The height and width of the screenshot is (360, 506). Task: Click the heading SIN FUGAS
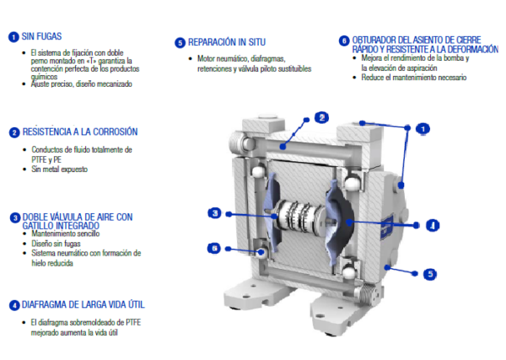(x=41, y=36)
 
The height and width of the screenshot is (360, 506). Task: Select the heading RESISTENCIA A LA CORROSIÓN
(x=80, y=132)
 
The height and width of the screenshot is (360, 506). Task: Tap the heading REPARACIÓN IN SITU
(x=227, y=42)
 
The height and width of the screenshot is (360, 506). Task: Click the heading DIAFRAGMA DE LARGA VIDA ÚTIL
(x=83, y=305)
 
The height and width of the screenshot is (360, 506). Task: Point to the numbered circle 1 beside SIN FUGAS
(x=13, y=37)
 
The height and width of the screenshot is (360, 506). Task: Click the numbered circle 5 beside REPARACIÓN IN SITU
(x=180, y=43)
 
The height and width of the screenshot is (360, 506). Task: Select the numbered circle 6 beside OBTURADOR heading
(x=344, y=41)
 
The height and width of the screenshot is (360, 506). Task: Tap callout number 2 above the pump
(x=322, y=117)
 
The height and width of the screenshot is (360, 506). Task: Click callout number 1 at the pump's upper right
(x=423, y=129)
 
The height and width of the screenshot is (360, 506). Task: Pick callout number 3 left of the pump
(x=215, y=213)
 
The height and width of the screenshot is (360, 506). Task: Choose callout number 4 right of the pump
(x=433, y=225)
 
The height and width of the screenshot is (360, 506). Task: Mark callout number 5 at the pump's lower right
(x=430, y=274)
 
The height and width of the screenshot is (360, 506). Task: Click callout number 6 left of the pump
(x=214, y=248)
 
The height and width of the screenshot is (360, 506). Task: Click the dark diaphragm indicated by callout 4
(x=345, y=219)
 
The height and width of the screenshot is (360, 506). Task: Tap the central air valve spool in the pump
(x=300, y=216)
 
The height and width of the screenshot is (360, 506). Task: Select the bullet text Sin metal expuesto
(x=59, y=169)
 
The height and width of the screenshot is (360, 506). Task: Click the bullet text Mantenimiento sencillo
(x=66, y=234)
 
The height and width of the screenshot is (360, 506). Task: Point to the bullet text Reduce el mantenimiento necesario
(x=414, y=78)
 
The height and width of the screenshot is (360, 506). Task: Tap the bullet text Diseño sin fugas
(x=56, y=244)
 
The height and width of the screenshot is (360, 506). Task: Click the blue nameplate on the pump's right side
(x=386, y=227)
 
